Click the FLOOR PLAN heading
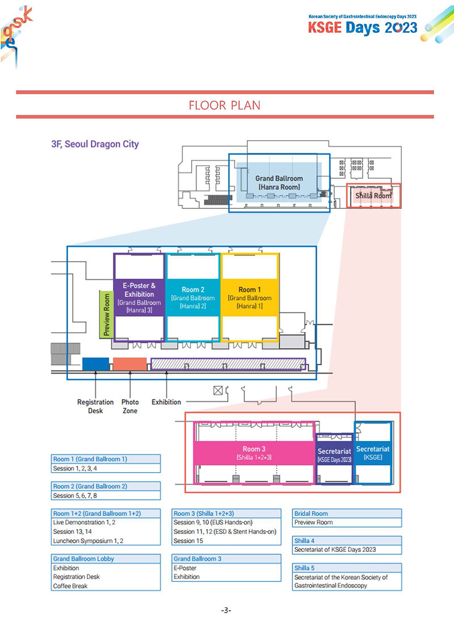coord(224,106)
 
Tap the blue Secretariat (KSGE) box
coord(373,452)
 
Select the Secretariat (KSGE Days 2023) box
coord(334,455)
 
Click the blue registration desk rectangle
coord(95,364)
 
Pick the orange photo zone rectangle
coord(130,364)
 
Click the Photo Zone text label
coord(130,406)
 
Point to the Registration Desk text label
coord(95,406)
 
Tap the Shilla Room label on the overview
coord(373,196)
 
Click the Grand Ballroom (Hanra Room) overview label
coord(279,182)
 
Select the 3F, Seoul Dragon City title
coord(95,144)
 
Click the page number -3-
coord(225,611)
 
